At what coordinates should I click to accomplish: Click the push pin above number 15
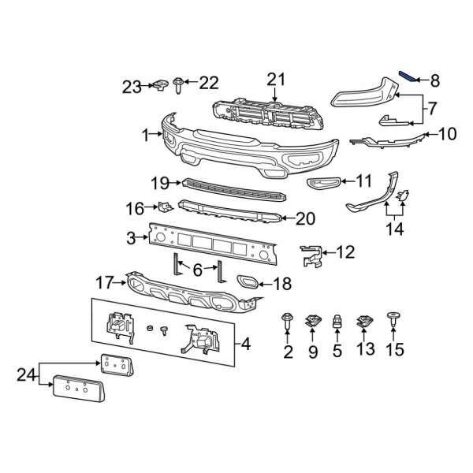[393, 318]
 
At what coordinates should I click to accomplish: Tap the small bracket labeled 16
[165, 208]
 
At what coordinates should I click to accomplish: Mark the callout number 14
[393, 229]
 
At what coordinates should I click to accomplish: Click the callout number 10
[447, 135]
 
